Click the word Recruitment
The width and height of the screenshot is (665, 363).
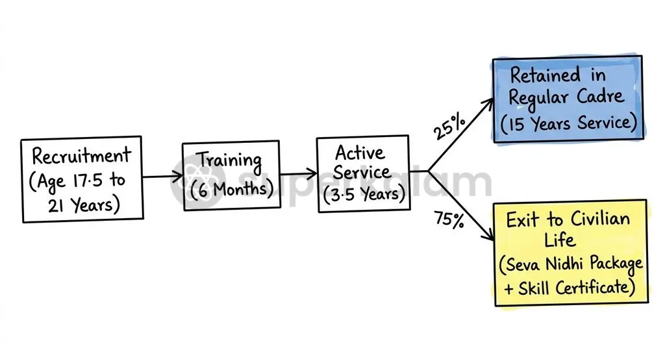pyautogui.click(x=81, y=156)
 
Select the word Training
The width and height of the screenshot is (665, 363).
pyautogui.click(x=231, y=161)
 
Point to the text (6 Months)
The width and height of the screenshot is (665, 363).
pyautogui.click(x=232, y=189)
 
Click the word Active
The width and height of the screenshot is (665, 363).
pyautogui.click(x=360, y=153)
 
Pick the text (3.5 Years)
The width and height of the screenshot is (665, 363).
pyautogui.click(x=364, y=194)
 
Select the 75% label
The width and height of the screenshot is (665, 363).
pyautogui.click(x=449, y=219)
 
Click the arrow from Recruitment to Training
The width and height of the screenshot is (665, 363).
pyautogui.click(x=163, y=176)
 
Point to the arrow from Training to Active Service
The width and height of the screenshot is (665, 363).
pyautogui.click(x=299, y=173)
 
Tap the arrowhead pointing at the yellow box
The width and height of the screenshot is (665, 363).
pyautogui.click(x=489, y=235)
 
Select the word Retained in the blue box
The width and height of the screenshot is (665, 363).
pyautogui.click(x=545, y=75)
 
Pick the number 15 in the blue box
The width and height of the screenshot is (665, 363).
pyautogui.click(x=516, y=125)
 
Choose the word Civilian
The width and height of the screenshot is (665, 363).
pyautogui.click(x=600, y=219)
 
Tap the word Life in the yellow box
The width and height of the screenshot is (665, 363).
pyautogui.click(x=560, y=240)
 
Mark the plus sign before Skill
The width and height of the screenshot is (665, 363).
pyautogui.click(x=509, y=289)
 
